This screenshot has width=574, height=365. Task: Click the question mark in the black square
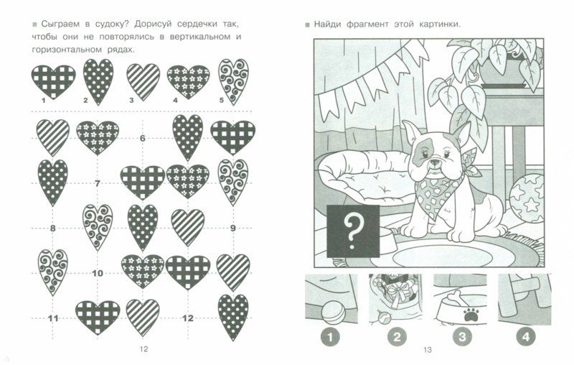[x=352, y=231]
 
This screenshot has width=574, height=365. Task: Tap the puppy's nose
[x=436, y=162]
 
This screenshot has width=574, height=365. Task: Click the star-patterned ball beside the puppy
[x=527, y=198]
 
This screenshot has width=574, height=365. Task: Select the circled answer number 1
[x=330, y=337]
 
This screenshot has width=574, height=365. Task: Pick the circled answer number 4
[x=526, y=337]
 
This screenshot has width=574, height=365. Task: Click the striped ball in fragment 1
[x=333, y=313]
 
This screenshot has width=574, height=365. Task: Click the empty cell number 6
[x=142, y=138]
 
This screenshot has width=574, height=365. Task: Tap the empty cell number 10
[x=98, y=273]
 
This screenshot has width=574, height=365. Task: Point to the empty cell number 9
[x=232, y=228]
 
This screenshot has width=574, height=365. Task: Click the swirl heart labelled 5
[x=234, y=81]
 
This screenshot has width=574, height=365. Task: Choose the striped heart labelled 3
[x=143, y=82]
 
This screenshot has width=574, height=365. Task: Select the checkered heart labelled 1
[x=53, y=82]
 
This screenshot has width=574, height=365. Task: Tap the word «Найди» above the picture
[x=327, y=24]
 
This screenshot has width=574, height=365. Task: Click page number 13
[x=428, y=350]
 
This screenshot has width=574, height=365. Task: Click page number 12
[x=144, y=349]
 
